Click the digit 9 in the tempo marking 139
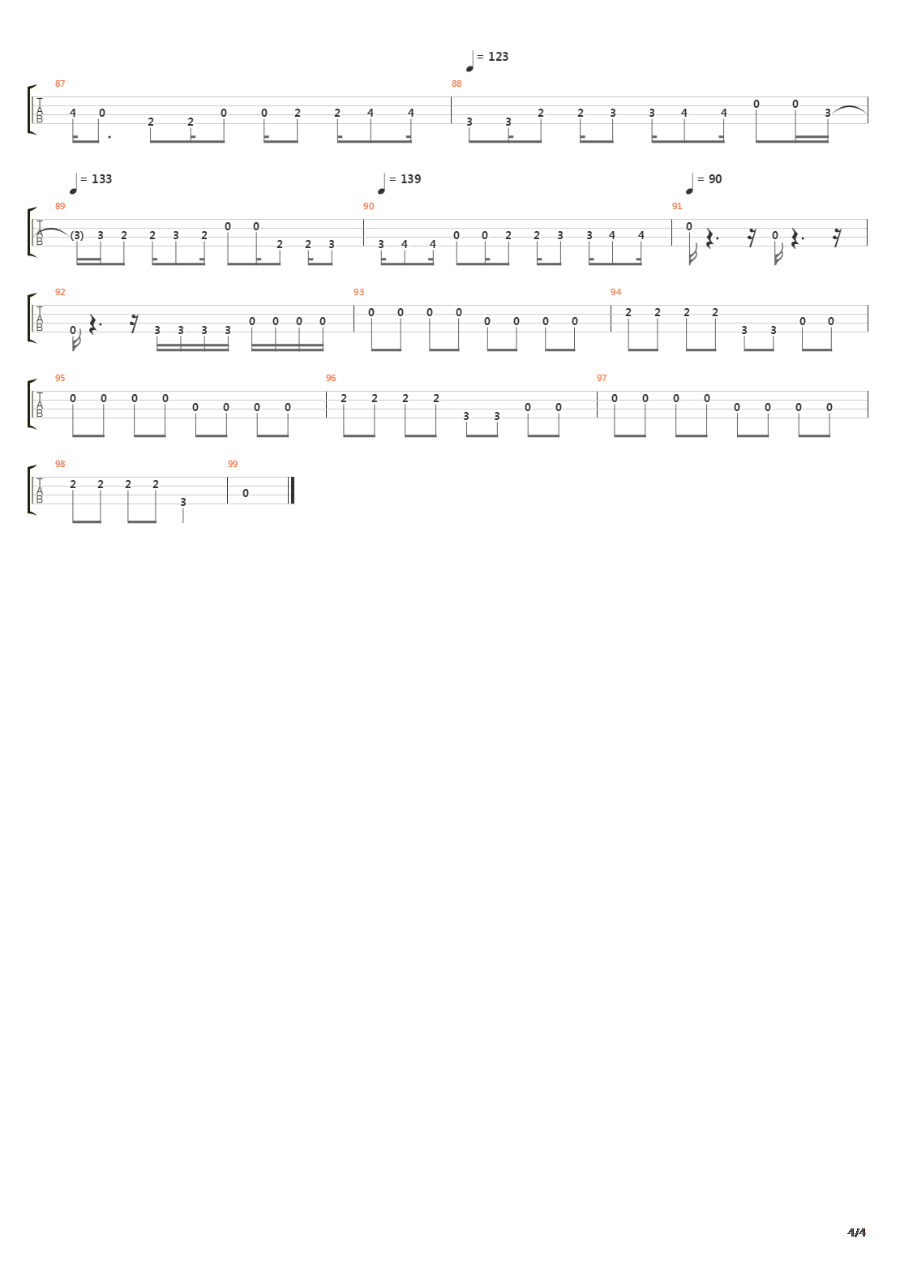(x=418, y=179)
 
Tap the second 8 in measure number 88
(x=459, y=84)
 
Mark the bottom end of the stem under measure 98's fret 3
(x=183, y=522)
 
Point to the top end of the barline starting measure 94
(x=611, y=305)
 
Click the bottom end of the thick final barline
(x=293, y=504)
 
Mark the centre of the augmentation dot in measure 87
(x=109, y=137)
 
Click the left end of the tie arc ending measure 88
(x=832, y=111)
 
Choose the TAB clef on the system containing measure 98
(x=39, y=491)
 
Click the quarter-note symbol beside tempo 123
(x=470, y=62)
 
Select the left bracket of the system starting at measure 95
(x=31, y=404)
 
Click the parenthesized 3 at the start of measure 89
(x=77, y=235)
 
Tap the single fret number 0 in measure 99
(x=246, y=493)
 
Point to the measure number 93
(x=358, y=292)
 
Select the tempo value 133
(x=101, y=179)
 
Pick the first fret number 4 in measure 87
(x=73, y=113)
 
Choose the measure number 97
(x=602, y=378)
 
